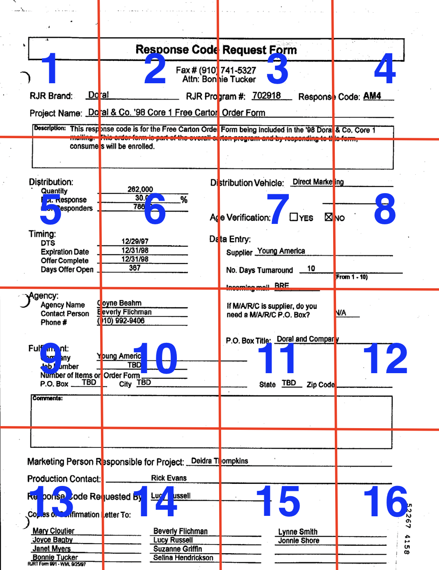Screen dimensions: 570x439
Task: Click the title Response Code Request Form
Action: click(216, 50)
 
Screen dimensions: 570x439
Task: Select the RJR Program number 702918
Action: click(267, 96)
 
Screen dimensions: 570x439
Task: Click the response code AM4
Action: click(372, 96)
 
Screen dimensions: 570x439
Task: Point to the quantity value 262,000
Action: click(140, 189)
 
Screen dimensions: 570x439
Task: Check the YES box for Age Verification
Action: click(294, 217)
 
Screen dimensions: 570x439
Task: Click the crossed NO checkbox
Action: click(329, 217)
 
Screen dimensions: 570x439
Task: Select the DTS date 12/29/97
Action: click(135, 241)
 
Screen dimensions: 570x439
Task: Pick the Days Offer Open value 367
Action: click(135, 268)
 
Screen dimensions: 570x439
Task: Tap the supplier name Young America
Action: click(281, 251)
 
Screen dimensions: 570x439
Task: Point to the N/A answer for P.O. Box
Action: click(341, 313)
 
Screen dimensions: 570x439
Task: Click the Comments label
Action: click(48, 398)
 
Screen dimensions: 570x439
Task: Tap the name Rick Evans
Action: click(169, 478)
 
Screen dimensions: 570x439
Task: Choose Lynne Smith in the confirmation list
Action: click(298, 532)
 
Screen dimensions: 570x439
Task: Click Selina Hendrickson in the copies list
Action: click(183, 558)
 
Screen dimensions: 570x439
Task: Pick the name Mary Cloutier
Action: click(54, 531)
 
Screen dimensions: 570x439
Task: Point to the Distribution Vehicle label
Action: click(247, 183)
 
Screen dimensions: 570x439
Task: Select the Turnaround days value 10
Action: click(311, 269)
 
